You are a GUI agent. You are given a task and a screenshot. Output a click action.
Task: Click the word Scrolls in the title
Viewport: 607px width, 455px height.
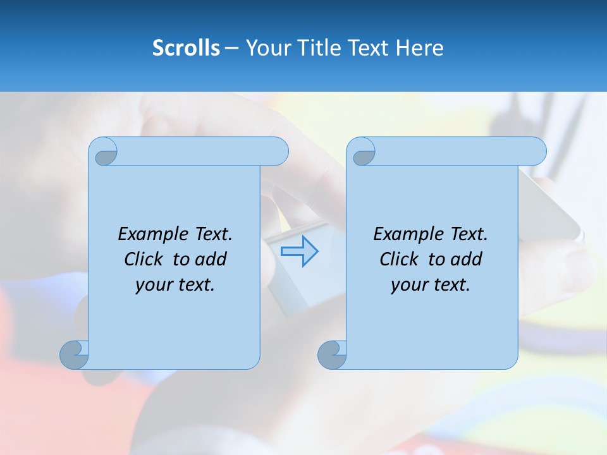(x=187, y=48)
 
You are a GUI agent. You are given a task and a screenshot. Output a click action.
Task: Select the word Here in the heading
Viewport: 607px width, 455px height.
(x=420, y=48)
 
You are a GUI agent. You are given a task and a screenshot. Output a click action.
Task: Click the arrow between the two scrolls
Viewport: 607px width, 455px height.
(x=299, y=251)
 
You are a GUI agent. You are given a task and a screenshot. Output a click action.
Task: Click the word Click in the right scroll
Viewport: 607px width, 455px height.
(x=399, y=259)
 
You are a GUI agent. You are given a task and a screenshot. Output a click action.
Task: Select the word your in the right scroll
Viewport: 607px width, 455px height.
(x=408, y=285)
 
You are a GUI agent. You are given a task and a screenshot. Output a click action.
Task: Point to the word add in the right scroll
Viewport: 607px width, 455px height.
(x=467, y=259)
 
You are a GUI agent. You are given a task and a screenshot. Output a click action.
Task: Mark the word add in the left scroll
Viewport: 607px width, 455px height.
(x=211, y=259)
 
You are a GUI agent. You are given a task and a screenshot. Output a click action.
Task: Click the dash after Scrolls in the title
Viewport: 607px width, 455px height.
(x=231, y=48)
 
